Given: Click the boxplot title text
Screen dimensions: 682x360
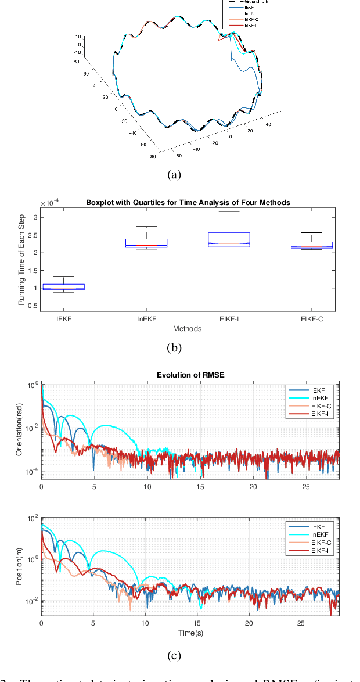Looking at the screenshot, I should coord(188,202).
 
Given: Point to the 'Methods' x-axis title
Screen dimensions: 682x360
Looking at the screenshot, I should coord(187,329).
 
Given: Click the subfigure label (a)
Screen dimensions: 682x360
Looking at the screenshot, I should coord(174,174).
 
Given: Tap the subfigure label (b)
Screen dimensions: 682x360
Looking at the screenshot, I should coord(174,349).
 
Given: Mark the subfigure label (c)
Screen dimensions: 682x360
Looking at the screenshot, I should coord(174,656).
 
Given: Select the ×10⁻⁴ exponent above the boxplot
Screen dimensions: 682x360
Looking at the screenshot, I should coord(49,203).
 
